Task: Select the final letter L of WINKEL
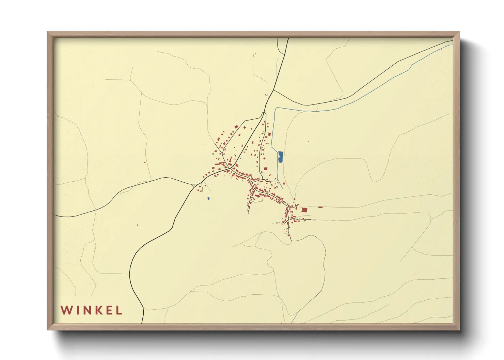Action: click(119, 310)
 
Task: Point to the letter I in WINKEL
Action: click(77, 310)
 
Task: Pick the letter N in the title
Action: click(86, 310)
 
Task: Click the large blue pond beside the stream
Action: click(281, 156)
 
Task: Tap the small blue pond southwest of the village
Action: click(208, 198)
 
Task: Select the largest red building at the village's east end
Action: click(304, 210)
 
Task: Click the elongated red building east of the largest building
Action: click(320, 207)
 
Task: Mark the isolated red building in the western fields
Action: click(145, 162)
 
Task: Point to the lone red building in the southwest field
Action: click(137, 225)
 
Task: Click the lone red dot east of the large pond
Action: click(309, 141)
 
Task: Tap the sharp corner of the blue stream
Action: click(275, 108)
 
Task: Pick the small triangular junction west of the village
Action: click(195, 185)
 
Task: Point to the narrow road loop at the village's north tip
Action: click(264, 115)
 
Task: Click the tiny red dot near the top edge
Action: click(255, 54)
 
